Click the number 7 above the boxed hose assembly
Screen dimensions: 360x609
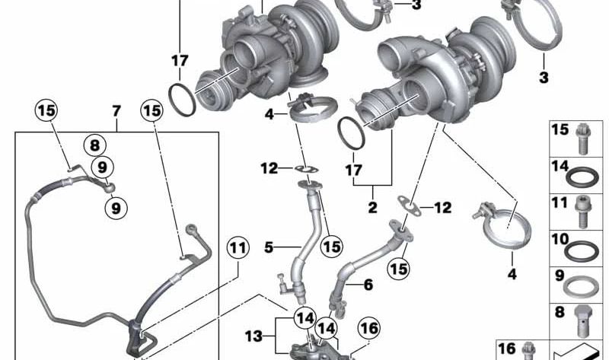(116, 111)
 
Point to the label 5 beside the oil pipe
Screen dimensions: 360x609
(268, 247)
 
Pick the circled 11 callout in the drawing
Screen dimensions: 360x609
(237, 247)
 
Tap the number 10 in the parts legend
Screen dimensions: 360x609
(560, 238)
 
